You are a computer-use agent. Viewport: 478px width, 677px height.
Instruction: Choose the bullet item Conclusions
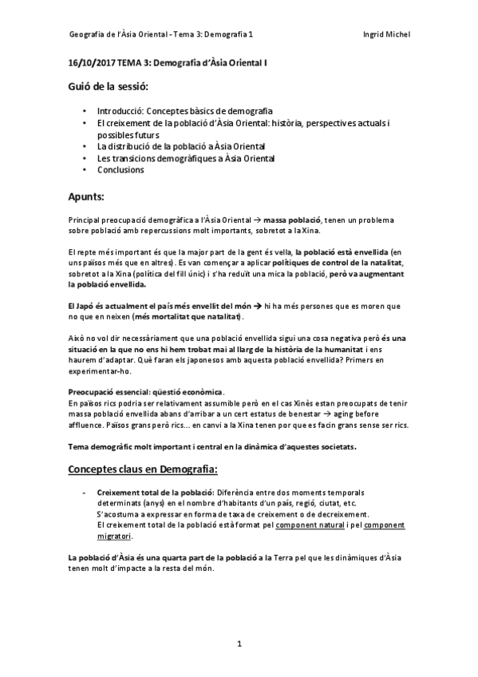tap(120, 170)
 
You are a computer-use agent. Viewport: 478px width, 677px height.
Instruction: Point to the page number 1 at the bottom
tap(239, 643)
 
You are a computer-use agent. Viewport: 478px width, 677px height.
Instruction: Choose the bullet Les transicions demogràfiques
tap(185, 158)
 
